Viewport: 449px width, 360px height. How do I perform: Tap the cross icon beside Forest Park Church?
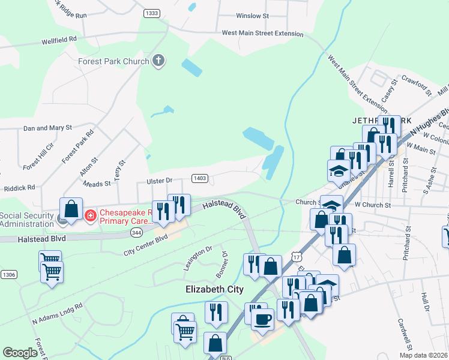[158, 61]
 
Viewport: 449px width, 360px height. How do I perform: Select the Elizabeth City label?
[214, 289]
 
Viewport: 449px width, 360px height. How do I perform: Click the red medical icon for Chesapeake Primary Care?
[90, 214]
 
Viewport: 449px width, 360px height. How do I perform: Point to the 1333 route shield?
[152, 13]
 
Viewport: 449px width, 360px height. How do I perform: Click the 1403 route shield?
[200, 178]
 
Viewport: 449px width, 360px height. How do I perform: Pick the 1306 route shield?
[8, 274]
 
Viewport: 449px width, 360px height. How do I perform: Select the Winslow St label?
[249, 16]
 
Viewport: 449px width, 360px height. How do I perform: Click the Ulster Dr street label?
[160, 181]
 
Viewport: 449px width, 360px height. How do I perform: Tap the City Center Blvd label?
[145, 242]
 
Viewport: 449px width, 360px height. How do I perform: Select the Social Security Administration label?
[26, 220]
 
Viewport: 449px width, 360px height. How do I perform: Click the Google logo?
[20, 353]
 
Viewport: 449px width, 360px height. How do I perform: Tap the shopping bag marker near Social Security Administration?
[71, 209]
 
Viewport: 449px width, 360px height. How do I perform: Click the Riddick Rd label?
[19, 187]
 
